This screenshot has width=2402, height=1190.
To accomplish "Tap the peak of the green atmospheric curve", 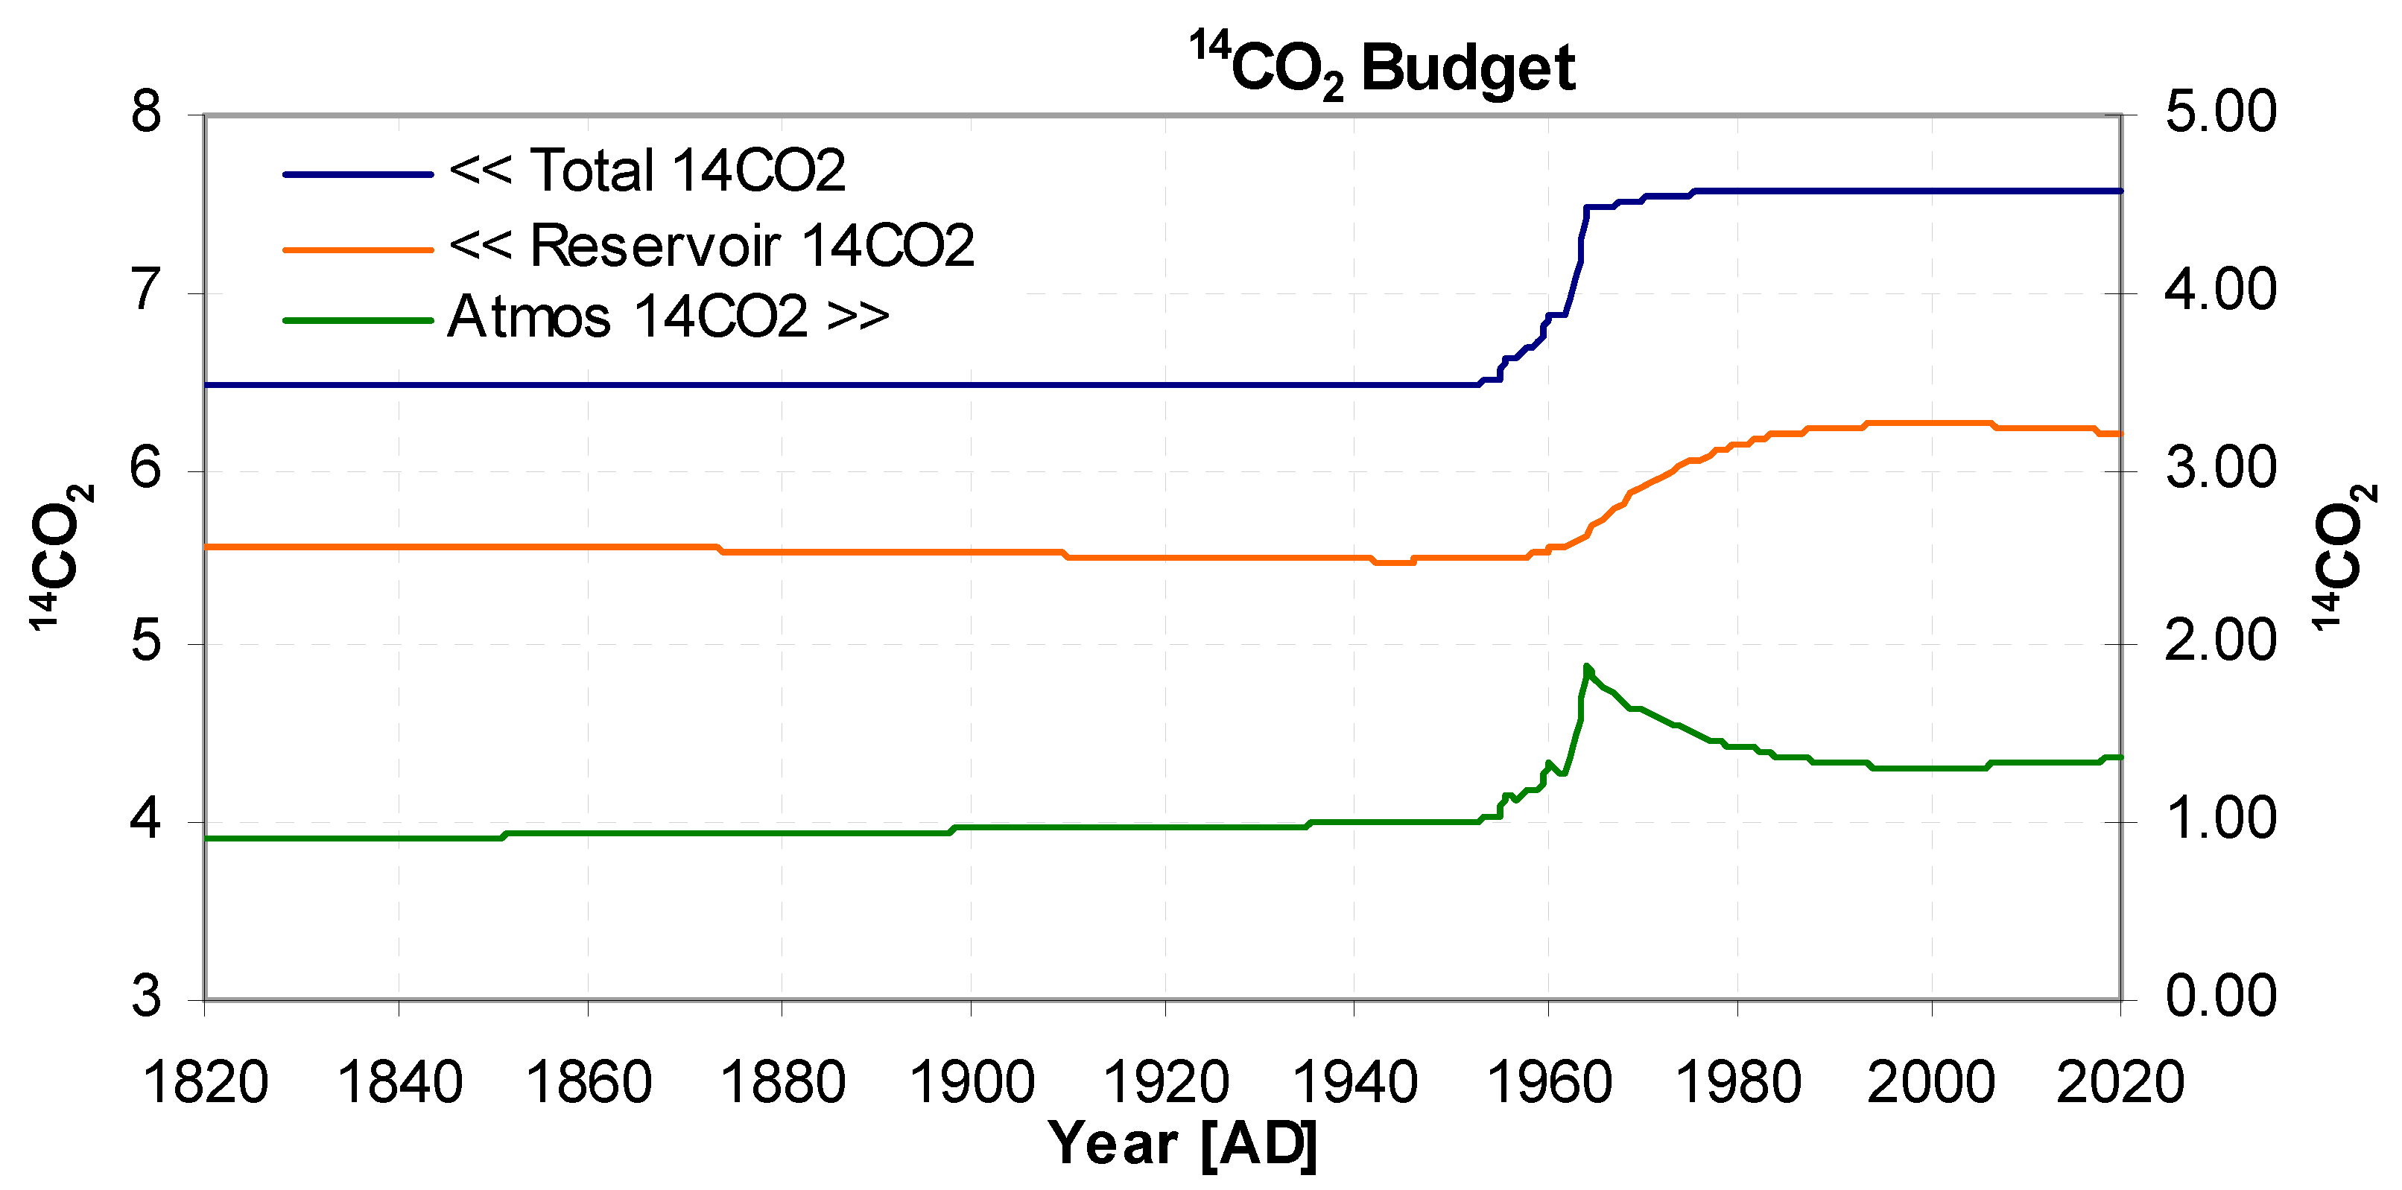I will [x=1586, y=666].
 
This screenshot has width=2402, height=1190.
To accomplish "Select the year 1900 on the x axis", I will [x=972, y=1083].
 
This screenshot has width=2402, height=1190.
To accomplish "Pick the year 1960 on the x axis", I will [x=1548, y=1083].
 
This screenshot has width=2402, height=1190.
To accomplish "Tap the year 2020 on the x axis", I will [x=2120, y=1083].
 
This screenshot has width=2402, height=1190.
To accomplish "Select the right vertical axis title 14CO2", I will [x=2343, y=556].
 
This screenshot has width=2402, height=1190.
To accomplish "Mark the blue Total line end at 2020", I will [x=2120, y=191].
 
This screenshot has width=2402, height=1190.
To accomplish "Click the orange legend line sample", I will [x=358, y=249].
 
